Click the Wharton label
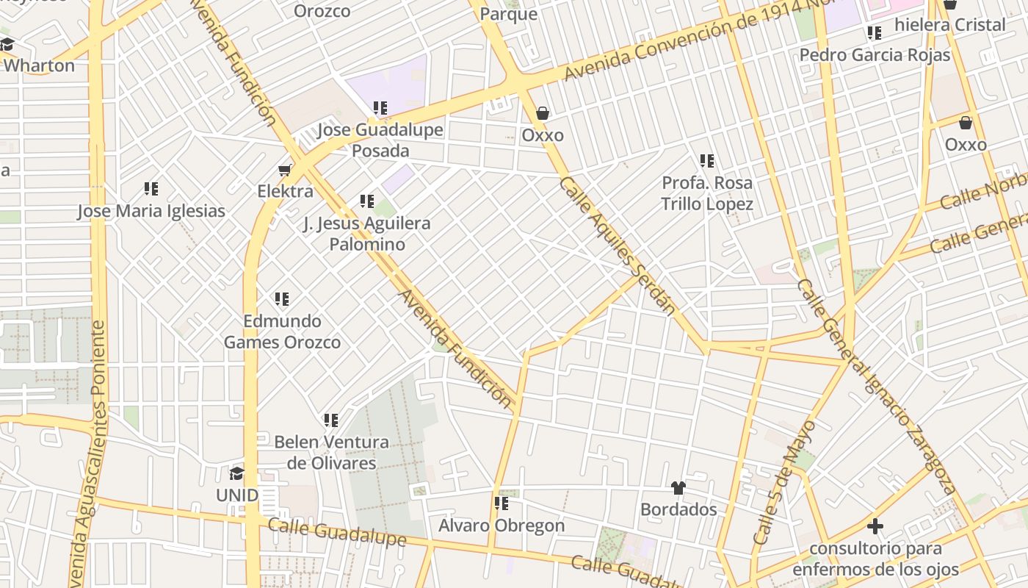pos(39,65)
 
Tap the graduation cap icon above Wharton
pos(7,45)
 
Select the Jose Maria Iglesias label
pos(151,211)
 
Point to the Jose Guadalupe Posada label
pos(380,140)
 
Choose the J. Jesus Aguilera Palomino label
pos(366,233)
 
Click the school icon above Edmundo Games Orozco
pos(282,299)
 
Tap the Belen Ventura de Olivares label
pos(331,452)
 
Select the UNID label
pos(236,495)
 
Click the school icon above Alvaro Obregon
pos(502,503)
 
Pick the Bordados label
pos(678,509)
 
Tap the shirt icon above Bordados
pos(678,488)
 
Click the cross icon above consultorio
pos(875,526)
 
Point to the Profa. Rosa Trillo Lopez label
pos(707,193)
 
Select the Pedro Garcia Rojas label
pos(875,55)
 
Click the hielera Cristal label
pos(950,25)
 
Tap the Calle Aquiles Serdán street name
pos(617,245)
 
